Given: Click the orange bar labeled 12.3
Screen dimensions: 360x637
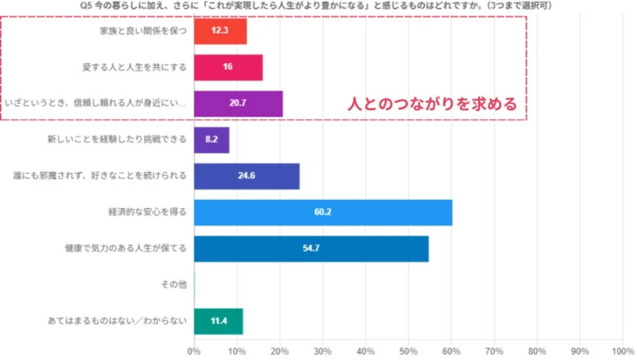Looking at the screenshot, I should click(x=220, y=30).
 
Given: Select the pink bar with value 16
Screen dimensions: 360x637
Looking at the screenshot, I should click(x=228, y=67).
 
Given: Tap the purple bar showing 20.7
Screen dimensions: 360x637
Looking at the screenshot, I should click(x=238, y=104).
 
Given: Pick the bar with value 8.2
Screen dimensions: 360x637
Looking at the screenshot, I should click(x=211, y=140).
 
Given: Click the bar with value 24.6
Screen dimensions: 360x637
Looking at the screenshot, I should click(x=246, y=176).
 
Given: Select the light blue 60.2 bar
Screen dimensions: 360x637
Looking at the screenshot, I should click(x=323, y=213).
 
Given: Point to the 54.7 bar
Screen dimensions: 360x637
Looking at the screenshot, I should click(x=311, y=249).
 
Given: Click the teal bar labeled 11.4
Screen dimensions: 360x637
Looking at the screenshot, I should click(x=218, y=322).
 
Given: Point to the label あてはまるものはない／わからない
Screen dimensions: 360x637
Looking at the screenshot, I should click(x=118, y=322).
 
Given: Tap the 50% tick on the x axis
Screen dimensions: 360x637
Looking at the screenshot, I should click(x=408, y=350).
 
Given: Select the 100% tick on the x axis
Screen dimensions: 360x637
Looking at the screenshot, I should click(x=623, y=350).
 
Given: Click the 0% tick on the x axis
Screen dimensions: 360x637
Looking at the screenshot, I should click(x=194, y=350).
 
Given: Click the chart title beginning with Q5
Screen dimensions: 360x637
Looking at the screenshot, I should click(x=318, y=6).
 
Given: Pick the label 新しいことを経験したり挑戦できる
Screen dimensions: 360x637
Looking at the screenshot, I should click(x=118, y=140).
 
